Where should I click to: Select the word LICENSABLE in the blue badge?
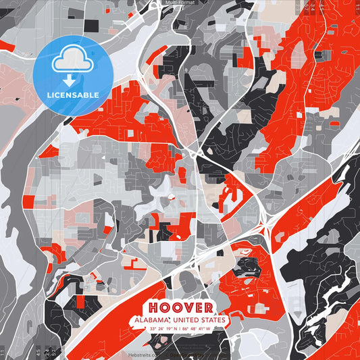[x=73, y=95]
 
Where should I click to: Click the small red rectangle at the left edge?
[x=28, y=201]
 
